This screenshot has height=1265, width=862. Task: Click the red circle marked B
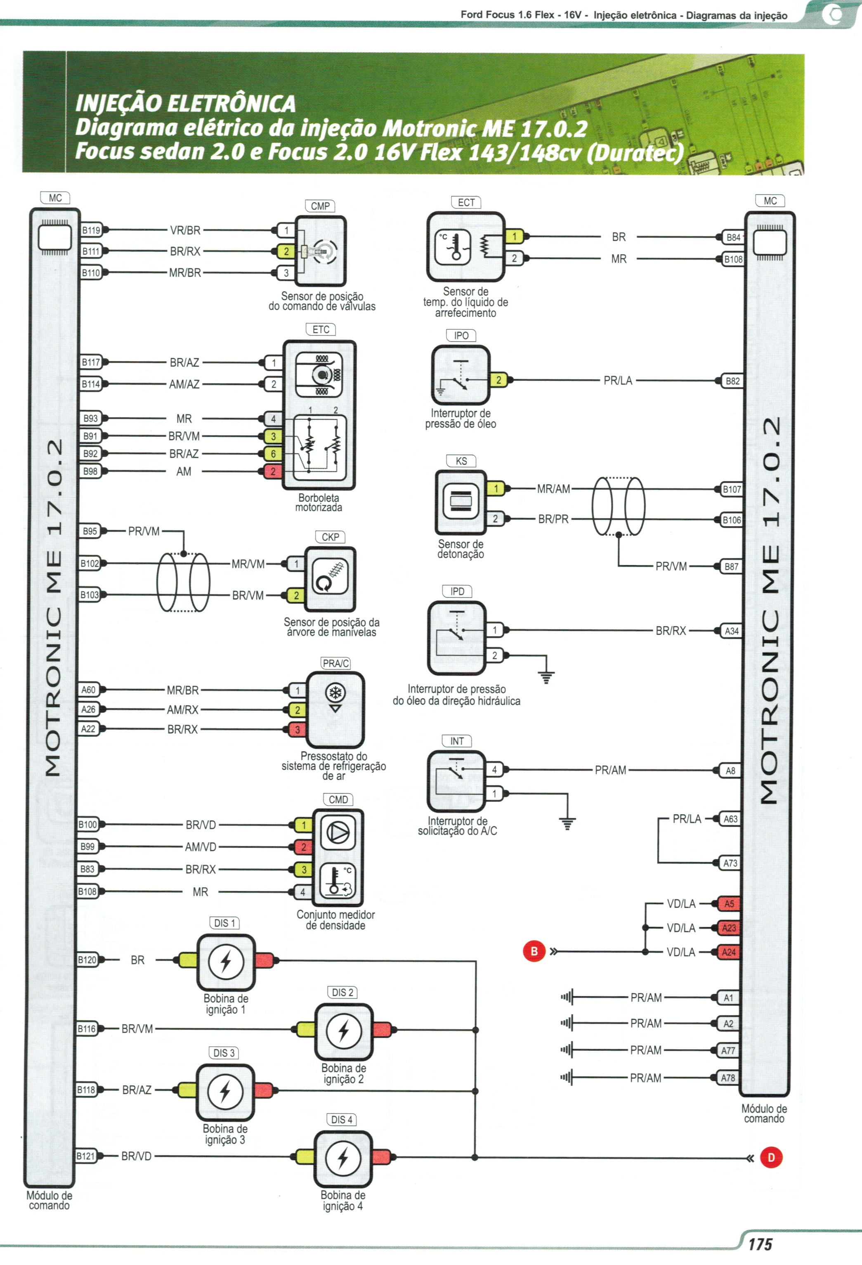click(534, 951)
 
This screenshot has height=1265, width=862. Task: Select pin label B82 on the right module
click(732, 381)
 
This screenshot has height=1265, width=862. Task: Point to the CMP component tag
click(320, 206)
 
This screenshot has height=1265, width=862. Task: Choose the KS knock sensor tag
click(461, 461)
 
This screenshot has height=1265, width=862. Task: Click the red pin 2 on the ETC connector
click(273, 471)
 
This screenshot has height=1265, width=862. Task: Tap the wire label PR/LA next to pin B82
click(618, 381)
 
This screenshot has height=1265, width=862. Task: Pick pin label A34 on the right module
click(731, 631)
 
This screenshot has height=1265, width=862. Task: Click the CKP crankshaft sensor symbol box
click(330, 579)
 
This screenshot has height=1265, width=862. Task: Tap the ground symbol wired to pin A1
click(567, 997)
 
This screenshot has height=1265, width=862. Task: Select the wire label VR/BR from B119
click(185, 230)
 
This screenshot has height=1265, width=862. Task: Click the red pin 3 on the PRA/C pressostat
click(297, 729)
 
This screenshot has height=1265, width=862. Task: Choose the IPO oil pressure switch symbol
click(461, 376)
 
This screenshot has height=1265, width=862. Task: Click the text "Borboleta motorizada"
click(319, 502)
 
